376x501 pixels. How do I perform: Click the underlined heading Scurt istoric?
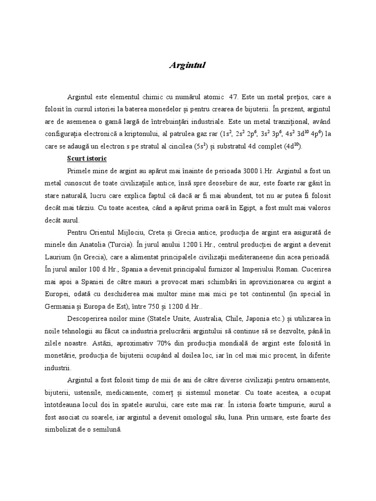coord(87,159)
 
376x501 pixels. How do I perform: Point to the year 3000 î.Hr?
coord(255,172)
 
